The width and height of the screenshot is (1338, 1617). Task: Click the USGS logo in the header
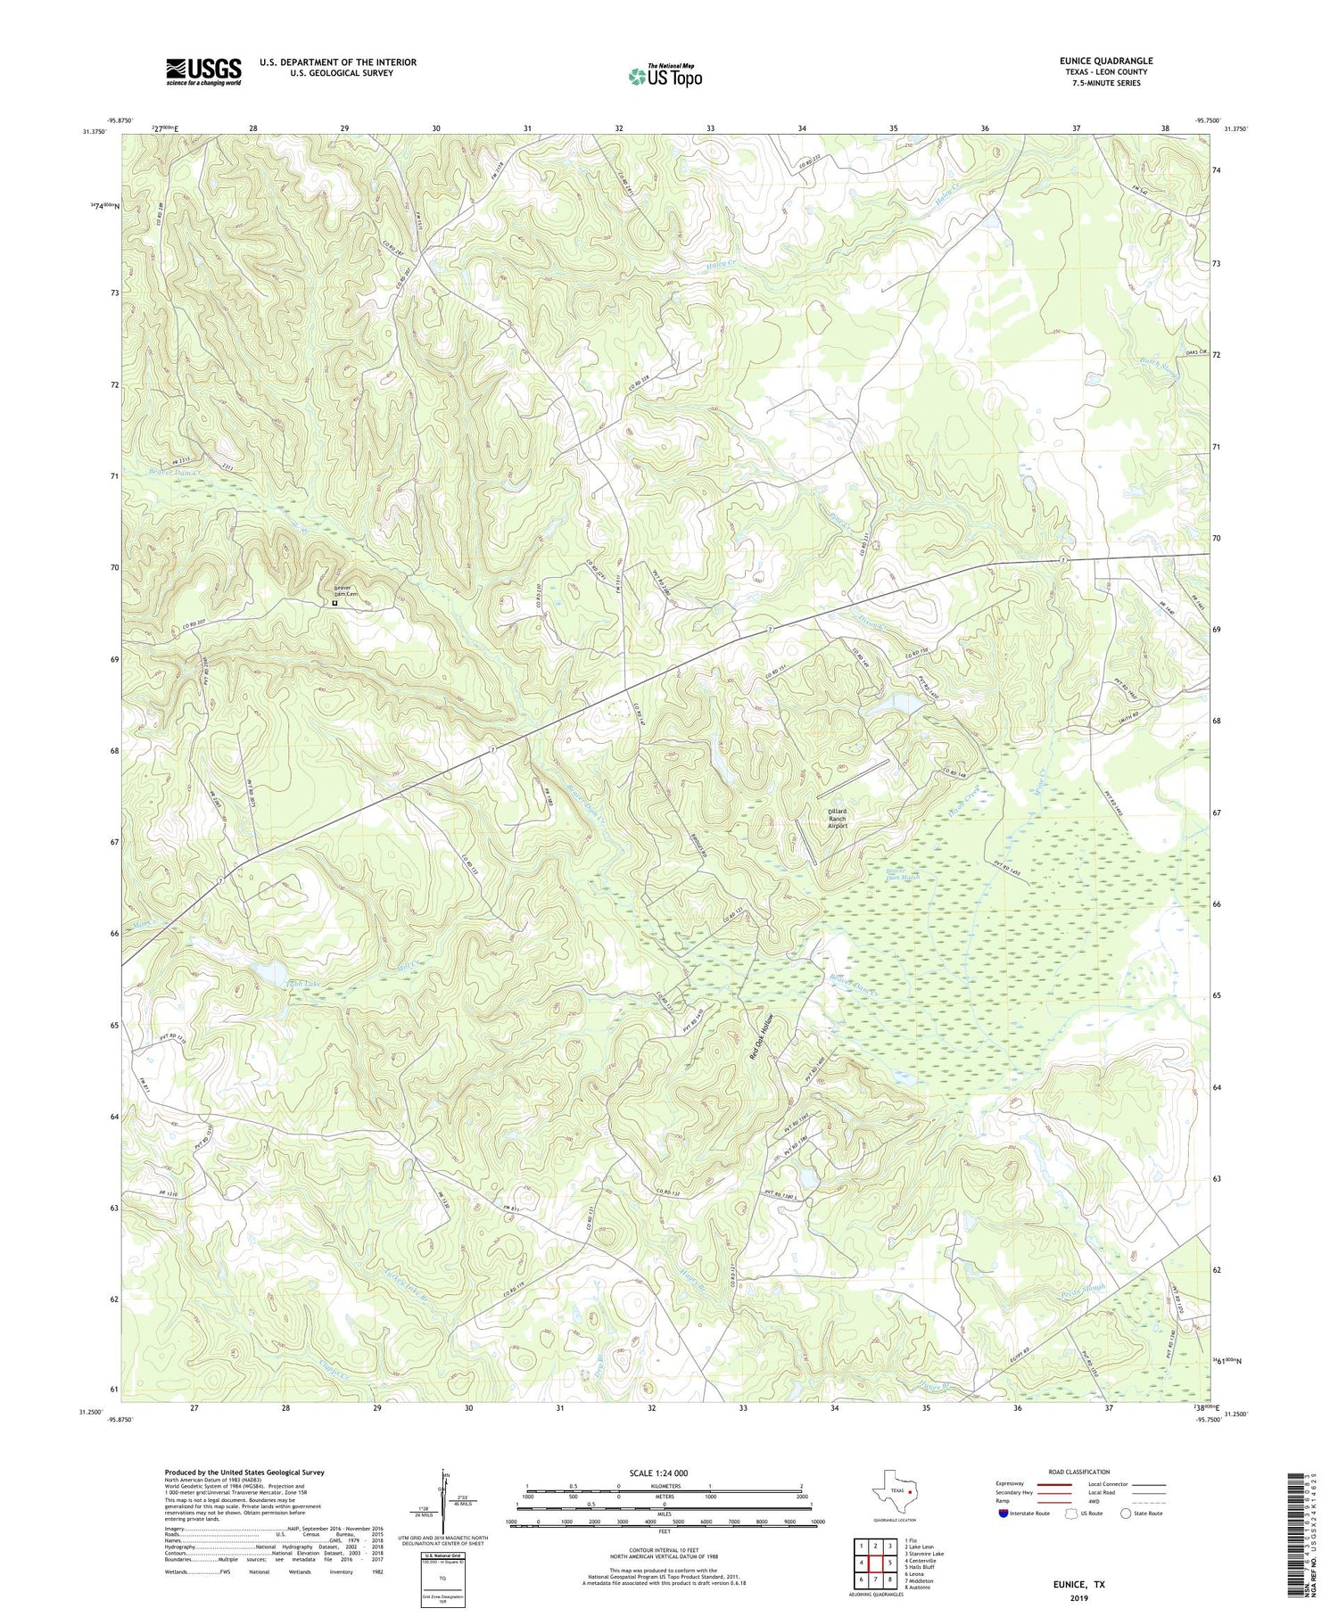(203, 71)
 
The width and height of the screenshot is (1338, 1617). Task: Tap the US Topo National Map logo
(665, 77)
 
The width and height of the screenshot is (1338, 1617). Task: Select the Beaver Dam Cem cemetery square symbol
(334, 603)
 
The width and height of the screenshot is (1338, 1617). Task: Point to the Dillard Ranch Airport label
(837, 819)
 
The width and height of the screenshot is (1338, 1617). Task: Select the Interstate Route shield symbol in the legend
(1003, 1514)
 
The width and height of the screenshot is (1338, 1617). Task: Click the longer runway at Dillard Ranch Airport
(854, 778)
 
